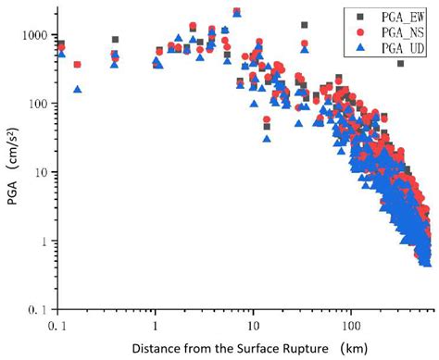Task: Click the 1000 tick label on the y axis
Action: coord(32,34)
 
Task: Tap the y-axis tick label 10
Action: coord(40,172)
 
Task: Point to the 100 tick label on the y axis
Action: coord(36,103)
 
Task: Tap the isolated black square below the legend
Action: coord(400,63)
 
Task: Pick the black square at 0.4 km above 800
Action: coord(115,40)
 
